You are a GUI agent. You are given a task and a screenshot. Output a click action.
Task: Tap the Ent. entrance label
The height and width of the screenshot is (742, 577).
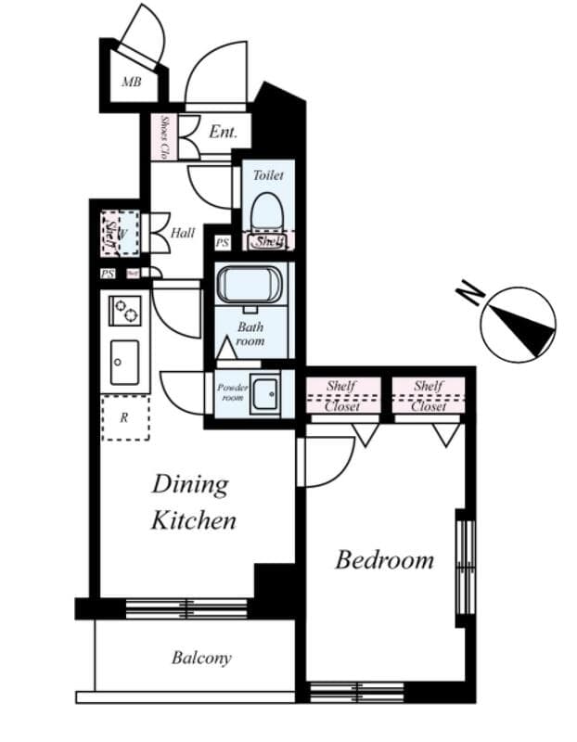tap(223, 133)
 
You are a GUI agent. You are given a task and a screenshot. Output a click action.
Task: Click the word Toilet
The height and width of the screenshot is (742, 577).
tap(268, 174)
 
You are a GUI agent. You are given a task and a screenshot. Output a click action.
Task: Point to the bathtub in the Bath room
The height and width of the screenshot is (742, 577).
tap(249, 284)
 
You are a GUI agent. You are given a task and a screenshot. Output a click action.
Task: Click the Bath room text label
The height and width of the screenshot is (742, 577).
tap(250, 334)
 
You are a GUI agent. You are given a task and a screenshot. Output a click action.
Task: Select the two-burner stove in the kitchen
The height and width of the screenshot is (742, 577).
tap(125, 311)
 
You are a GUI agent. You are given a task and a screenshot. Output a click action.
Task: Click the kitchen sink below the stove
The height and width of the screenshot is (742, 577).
tap(124, 363)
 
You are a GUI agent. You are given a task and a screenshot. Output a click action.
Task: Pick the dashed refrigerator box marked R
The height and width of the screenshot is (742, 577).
tap(124, 416)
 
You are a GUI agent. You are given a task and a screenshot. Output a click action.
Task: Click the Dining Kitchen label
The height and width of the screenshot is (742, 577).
tap(193, 502)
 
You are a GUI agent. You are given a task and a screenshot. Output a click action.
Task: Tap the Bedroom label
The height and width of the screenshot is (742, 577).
tap(384, 559)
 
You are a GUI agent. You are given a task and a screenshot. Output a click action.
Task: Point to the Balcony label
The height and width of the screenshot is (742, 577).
tap(200, 659)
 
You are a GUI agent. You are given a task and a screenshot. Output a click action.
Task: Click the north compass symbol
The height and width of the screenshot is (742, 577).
tap(518, 324)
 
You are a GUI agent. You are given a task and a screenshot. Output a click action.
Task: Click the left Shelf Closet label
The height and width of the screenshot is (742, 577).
tap(342, 395)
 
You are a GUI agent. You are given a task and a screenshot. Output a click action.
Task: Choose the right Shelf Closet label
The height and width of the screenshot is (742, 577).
tap(429, 395)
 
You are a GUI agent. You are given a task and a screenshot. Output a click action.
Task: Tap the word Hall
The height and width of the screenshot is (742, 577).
tap(183, 233)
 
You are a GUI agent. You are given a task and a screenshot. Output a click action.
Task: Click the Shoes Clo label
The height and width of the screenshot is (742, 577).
tap(165, 136)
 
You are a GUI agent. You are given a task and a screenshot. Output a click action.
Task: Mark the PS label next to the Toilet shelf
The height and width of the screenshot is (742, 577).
tap(222, 243)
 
